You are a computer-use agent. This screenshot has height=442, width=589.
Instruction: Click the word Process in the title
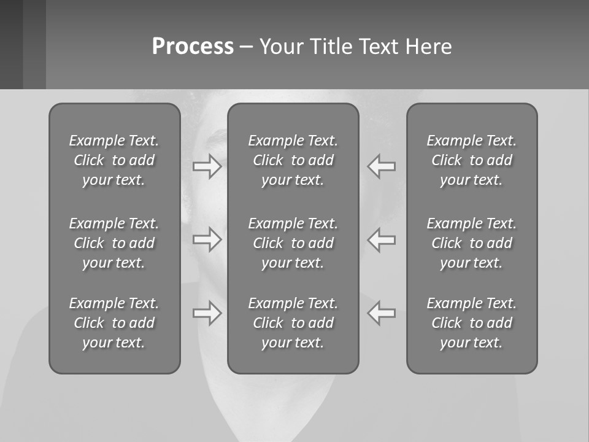pyautogui.click(x=193, y=47)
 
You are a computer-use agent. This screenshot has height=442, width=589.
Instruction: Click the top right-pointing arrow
pyautogui.click(x=207, y=166)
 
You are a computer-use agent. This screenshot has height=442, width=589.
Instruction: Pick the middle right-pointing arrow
pyautogui.click(x=207, y=239)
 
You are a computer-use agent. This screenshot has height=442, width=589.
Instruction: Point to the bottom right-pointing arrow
pyautogui.click(x=207, y=313)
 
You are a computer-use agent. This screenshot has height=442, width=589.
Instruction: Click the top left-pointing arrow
pyautogui.click(x=381, y=166)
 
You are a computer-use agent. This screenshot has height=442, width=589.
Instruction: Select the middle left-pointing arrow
pyautogui.click(x=381, y=239)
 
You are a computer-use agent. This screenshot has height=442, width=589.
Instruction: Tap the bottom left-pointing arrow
pyautogui.click(x=381, y=313)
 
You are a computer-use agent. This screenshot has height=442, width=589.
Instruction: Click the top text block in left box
pyautogui.click(x=114, y=160)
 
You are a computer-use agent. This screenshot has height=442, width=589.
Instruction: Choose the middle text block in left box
pyautogui.click(x=114, y=243)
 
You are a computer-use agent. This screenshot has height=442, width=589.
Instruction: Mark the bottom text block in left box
pyautogui.click(x=114, y=323)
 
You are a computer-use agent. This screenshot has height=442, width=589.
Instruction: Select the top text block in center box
pyautogui.click(x=293, y=160)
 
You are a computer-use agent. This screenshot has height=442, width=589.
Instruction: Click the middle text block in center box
pyautogui.click(x=293, y=243)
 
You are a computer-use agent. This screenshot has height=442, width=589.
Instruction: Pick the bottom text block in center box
pyautogui.click(x=293, y=323)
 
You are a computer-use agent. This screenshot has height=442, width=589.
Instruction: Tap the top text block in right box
pyautogui.click(x=471, y=160)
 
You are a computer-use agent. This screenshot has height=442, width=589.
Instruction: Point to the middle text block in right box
pyautogui.click(x=471, y=243)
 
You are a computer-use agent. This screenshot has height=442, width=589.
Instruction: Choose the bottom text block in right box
pyautogui.click(x=471, y=323)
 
